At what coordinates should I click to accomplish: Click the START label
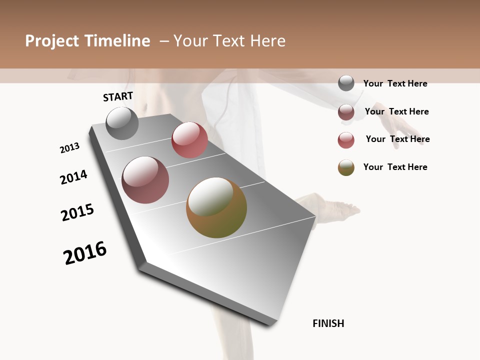118,96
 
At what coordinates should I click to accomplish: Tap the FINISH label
328,323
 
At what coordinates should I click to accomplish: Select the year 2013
69,148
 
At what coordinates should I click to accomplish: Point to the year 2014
73,177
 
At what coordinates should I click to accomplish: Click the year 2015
77,212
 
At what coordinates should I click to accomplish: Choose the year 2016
85,253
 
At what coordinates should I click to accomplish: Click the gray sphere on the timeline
122,123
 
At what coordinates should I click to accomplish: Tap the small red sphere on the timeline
189,140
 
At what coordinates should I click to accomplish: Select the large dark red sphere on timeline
145,180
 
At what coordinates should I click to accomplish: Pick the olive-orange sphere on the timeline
216,207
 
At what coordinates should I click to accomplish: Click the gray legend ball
346,83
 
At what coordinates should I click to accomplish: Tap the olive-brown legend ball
346,167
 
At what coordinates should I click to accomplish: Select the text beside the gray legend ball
395,83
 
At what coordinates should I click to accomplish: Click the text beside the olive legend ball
395,167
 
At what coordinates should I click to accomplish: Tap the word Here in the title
267,41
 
